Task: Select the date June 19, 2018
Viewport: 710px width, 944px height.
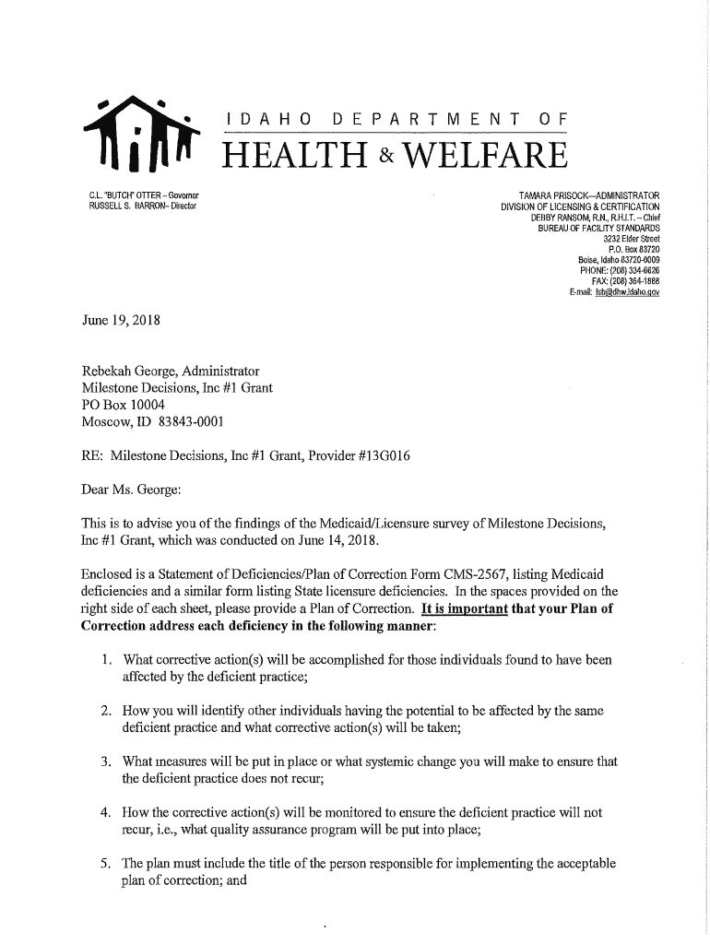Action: click(121, 322)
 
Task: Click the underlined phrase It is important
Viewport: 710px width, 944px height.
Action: click(460, 608)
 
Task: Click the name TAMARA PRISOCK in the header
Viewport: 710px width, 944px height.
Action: click(551, 195)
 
